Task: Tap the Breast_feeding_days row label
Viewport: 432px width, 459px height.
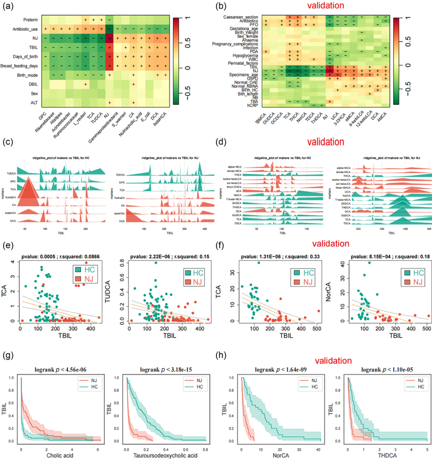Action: [21, 66]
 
